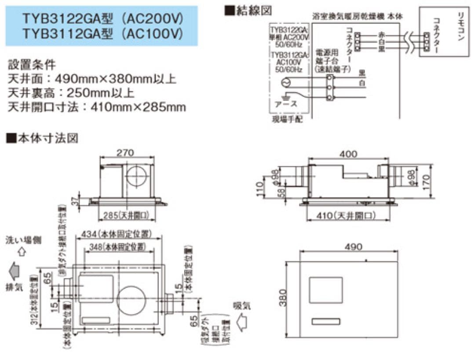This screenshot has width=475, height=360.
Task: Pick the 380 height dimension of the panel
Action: pyautogui.click(x=284, y=299)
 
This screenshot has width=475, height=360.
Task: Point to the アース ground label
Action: pyautogui.click(x=286, y=104)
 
